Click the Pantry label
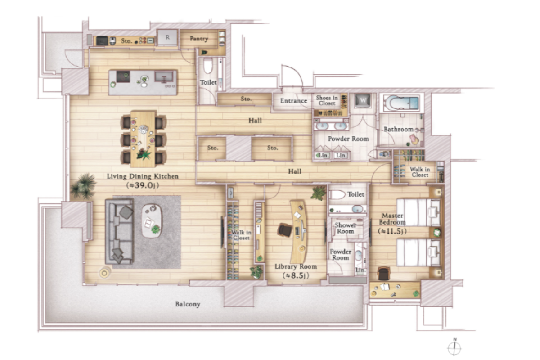pyautogui.click(x=199, y=39)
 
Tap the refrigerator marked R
pyautogui.click(x=167, y=37)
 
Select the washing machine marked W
pyautogui.click(x=363, y=100)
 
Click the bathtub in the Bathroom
pyautogui.click(x=401, y=103)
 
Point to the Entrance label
pyautogui.click(x=293, y=101)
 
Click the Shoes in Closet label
pyautogui.click(x=327, y=100)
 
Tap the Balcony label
pyautogui.click(x=188, y=304)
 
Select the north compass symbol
pyautogui.click(x=454, y=347)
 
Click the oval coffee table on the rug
pyautogui.click(x=152, y=221)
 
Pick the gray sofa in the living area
pyautogui.click(x=119, y=231)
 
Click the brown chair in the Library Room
pyautogui.click(x=285, y=230)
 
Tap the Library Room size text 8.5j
pyautogui.click(x=296, y=275)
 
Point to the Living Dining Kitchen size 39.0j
pyautogui.click(x=143, y=185)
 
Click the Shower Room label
pyautogui.click(x=346, y=228)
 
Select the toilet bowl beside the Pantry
pyautogui.click(x=208, y=66)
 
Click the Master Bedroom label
pyautogui.click(x=392, y=219)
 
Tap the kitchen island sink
pyautogui.click(x=164, y=76)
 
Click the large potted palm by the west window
pyautogui.click(x=83, y=186)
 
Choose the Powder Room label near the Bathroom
pyautogui.click(x=348, y=139)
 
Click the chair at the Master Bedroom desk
pyautogui.click(x=384, y=274)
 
